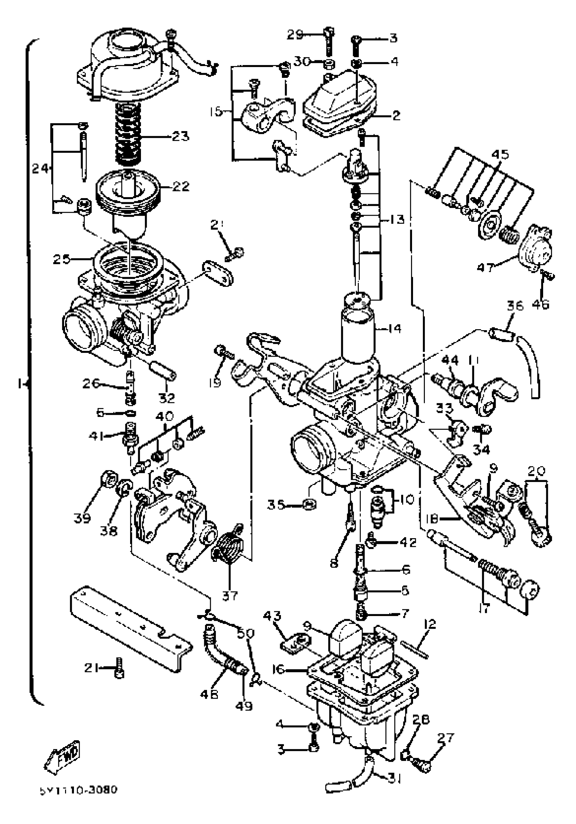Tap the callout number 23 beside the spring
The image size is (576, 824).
180,136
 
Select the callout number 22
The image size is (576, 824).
180,186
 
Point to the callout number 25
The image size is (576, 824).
61,259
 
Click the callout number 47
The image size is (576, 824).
486,267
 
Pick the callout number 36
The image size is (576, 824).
515,307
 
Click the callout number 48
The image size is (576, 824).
209,694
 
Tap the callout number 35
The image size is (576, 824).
276,505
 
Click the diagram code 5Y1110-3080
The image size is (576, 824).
78,790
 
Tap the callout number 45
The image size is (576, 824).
500,155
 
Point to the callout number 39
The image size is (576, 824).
82,518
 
